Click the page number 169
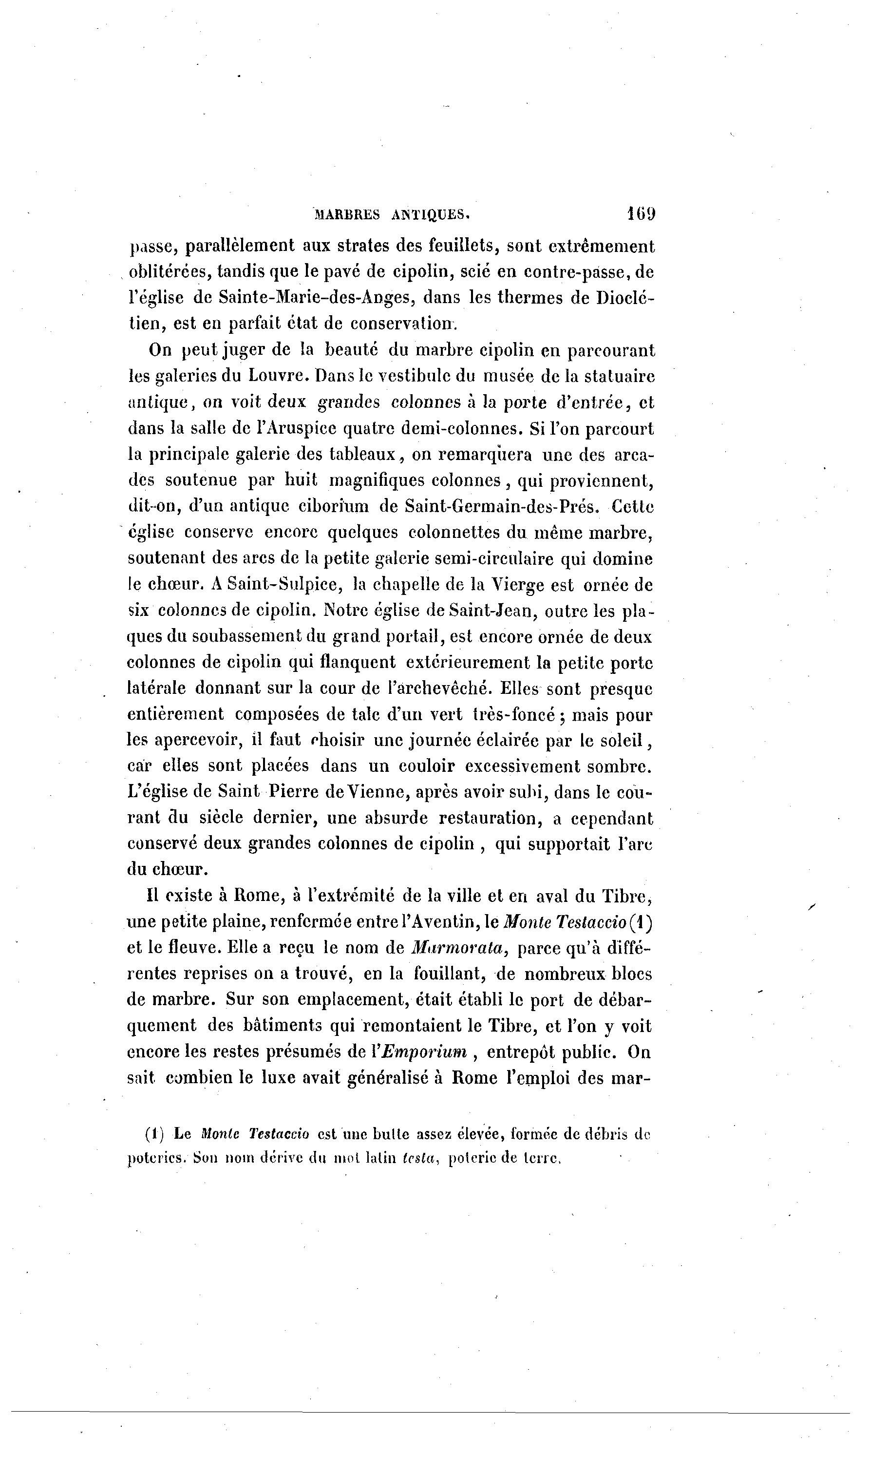pyautogui.click(x=641, y=213)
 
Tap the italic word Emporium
pyautogui.click(x=425, y=1052)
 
